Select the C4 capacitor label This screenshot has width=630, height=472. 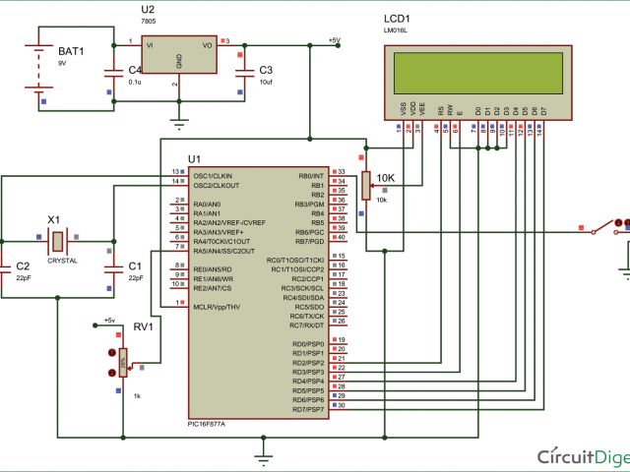tap(135, 70)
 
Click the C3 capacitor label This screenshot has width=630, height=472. tap(265, 70)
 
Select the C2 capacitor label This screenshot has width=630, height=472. tap(23, 266)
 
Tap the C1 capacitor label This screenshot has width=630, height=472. tap(135, 266)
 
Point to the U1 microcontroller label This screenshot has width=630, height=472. tap(193, 158)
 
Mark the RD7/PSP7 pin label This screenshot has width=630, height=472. tap(308, 409)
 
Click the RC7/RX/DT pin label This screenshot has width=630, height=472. tap(307, 325)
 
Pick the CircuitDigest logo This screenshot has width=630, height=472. tap(581, 456)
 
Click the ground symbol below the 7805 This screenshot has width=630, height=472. tap(178, 123)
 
